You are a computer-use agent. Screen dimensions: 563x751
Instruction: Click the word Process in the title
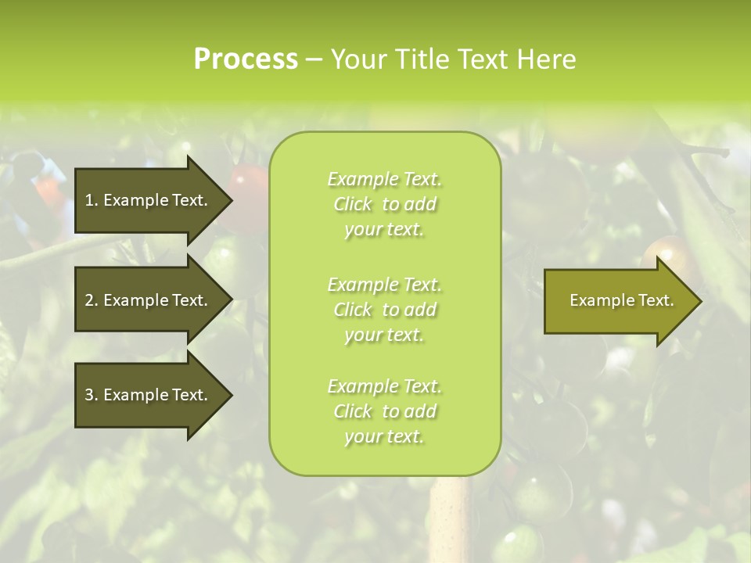pos(246,59)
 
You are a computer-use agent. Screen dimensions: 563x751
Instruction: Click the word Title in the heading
pos(421,59)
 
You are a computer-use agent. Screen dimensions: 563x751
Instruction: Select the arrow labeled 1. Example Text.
pos(149,200)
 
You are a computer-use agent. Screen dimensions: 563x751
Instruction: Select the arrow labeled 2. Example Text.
pos(149,300)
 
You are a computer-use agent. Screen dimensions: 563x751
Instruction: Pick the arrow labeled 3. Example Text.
pos(149,395)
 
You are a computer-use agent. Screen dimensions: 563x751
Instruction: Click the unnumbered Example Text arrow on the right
pos(618,300)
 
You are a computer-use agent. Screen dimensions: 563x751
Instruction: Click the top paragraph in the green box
pos(384,204)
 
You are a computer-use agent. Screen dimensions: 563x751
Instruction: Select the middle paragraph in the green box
pos(384,310)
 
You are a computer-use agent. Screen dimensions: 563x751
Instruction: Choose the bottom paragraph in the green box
pos(384,411)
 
